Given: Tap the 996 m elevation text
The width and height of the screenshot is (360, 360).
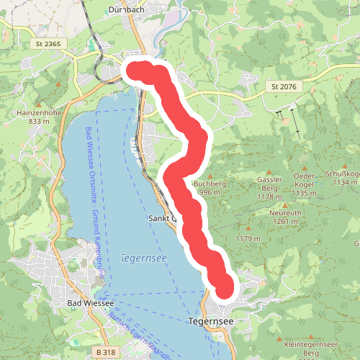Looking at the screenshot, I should pyautogui.click(x=209, y=192).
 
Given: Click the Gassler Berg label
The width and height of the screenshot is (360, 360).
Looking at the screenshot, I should pyautogui.click(x=268, y=184).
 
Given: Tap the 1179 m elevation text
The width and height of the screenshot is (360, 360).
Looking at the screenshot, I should pyautogui.click(x=246, y=238).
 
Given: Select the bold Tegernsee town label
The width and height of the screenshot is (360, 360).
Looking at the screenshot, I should pyautogui.click(x=210, y=320).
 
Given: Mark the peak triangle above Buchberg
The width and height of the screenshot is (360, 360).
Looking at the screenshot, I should pyautogui.click(x=210, y=176).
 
